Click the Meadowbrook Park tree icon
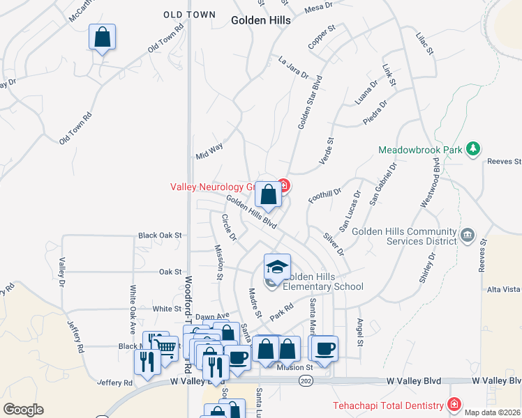click(x=474, y=148)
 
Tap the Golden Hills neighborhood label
click(x=261, y=21)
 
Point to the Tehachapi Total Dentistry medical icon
click(x=454, y=405)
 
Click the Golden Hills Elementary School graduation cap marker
click(x=277, y=268)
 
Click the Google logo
click(x=22, y=410)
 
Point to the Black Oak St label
click(x=159, y=235)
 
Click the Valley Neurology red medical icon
click(x=283, y=185)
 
